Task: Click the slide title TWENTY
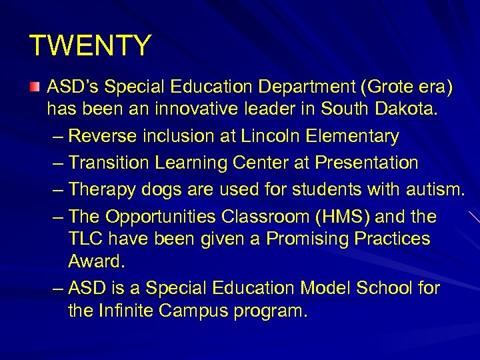[91, 46]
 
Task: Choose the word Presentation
[367, 163]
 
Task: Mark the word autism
[433, 190]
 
